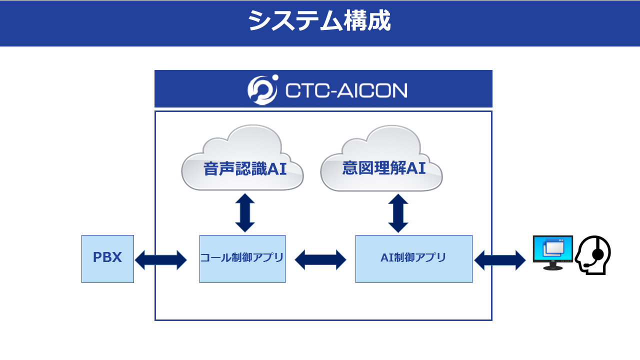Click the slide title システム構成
pos(319,20)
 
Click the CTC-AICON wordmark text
pos(346,90)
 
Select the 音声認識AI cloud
pos(242,157)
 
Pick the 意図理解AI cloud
pos(381,158)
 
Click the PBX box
pos(107,259)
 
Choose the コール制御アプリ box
pos(242,259)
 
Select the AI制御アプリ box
pos(413,259)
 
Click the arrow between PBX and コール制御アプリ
pos(160,260)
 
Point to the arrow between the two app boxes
pos(320,259)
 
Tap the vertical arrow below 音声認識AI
pos(245,213)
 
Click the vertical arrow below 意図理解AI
pos(398,213)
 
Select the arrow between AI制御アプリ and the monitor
pos(499,260)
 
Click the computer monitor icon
pos(553,252)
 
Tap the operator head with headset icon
pos(593,255)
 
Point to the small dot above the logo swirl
pos(275,77)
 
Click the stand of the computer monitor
pos(553,266)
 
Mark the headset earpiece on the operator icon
pos(598,254)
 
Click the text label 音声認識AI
pos(245,168)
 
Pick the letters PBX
pos(107,257)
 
